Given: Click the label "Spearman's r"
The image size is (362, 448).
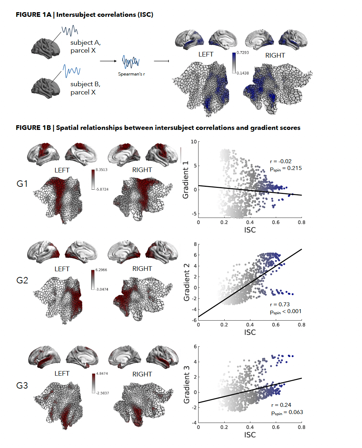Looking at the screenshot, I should tap(131, 74).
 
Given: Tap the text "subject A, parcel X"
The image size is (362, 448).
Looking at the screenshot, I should tap(85, 47).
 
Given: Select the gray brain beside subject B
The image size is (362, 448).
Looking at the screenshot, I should tap(46, 87).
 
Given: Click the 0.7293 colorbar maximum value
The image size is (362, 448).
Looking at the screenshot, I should tap(243, 53).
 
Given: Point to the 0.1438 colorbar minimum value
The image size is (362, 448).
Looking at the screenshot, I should tap(243, 73).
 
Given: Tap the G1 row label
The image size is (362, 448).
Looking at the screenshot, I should tap(22, 184).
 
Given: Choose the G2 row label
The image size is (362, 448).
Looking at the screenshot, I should tap(22, 280).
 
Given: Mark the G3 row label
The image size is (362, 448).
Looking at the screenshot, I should tap(22, 385).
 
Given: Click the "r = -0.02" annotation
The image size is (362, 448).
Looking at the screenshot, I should tap(281, 161).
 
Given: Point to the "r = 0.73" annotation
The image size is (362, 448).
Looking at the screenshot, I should tap(280, 305).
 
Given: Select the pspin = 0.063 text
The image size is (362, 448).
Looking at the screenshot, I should tap(287, 413).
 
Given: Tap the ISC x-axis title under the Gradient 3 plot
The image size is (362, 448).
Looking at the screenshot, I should tap(250, 435).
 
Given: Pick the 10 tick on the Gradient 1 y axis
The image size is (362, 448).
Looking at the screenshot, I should tap(194, 142).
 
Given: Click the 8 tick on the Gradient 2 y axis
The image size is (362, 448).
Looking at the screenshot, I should tap(195, 244).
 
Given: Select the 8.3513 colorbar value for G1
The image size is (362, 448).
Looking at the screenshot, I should tap(101, 170).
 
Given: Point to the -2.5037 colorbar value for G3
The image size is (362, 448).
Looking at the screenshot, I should tap(102, 393).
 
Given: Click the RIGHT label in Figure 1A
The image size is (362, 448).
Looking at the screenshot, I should tap(275, 55).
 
